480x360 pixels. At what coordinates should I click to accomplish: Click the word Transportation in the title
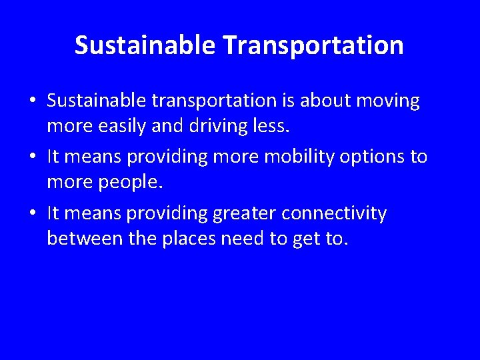click(313, 45)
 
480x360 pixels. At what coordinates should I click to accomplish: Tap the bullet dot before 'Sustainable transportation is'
click(33, 101)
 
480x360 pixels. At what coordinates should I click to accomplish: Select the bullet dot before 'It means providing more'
click(33, 157)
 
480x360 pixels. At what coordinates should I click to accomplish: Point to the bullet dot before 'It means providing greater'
click(33, 214)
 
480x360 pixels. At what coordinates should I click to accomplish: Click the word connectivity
click(334, 214)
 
